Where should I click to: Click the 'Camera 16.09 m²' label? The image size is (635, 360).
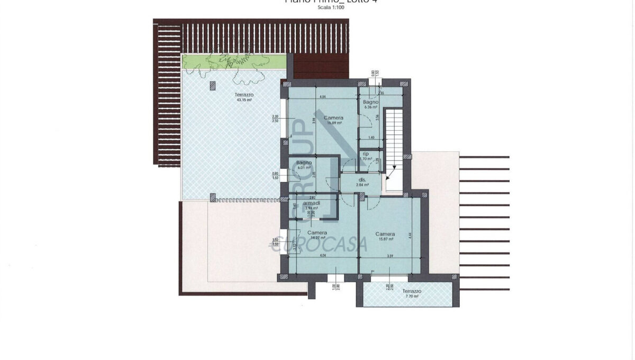333,120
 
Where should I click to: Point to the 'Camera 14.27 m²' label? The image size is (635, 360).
317,235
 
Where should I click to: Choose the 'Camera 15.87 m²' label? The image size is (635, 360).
385,236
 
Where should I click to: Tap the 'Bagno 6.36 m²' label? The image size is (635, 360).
369,104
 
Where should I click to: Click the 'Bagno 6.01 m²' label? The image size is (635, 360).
304,165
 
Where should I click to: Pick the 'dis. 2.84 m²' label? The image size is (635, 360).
362,183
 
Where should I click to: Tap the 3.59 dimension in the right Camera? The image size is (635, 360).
389,257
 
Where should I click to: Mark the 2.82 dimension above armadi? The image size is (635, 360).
313,197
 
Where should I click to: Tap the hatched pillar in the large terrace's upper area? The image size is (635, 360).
213,85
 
